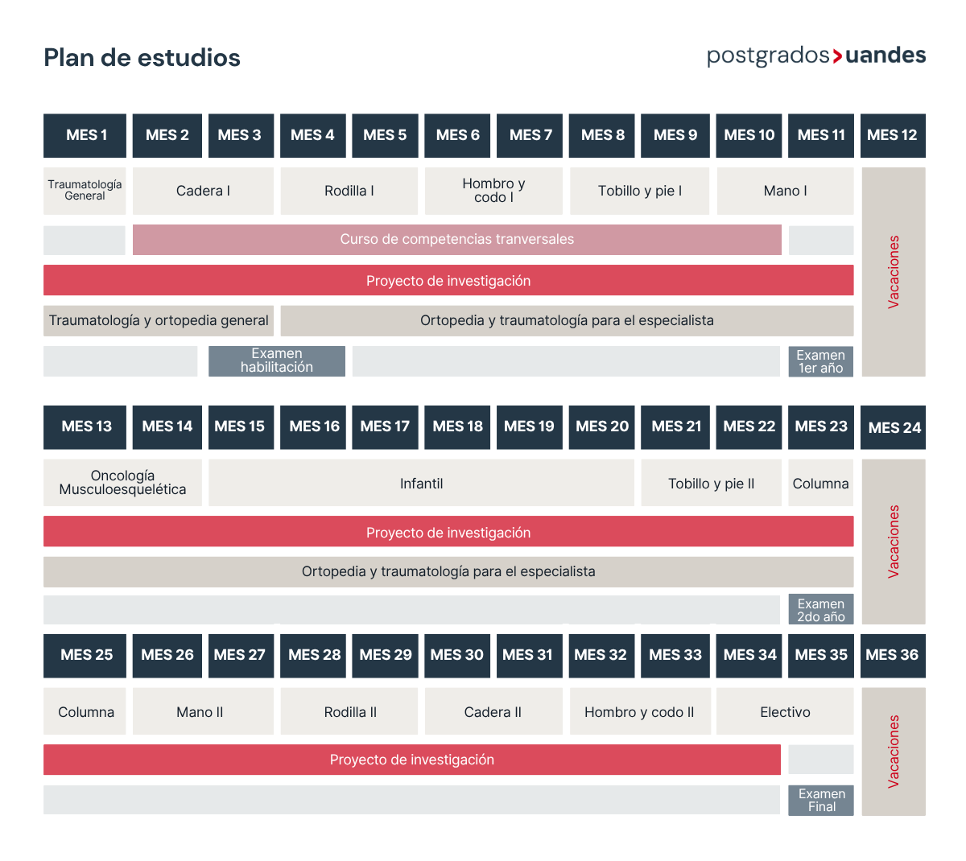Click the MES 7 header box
[x=529, y=135]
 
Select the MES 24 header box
[x=893, y=427]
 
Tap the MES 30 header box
[x=456, y=656]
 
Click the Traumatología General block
[x=85, y=191]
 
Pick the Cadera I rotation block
[x=203, y=191]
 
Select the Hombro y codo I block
[x=493, y=191]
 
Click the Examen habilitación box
[x=277, y=360]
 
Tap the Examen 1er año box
[x=820, y=361]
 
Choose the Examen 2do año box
[x=820, y=609]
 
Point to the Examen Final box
[x=820, y=800]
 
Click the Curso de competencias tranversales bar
[x=456, y=239]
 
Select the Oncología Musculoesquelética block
[x=122, y=483]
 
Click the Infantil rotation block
[x=422, y=483]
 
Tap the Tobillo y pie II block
[x=711, y=483]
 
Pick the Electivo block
[x=785, y=711]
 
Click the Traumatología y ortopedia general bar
[x=159, y=320]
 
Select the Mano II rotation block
[x=203, y=711]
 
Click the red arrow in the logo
[x=836, y=56]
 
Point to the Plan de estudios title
[x=142, y=58]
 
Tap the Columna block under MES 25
[x=85, y=711]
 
